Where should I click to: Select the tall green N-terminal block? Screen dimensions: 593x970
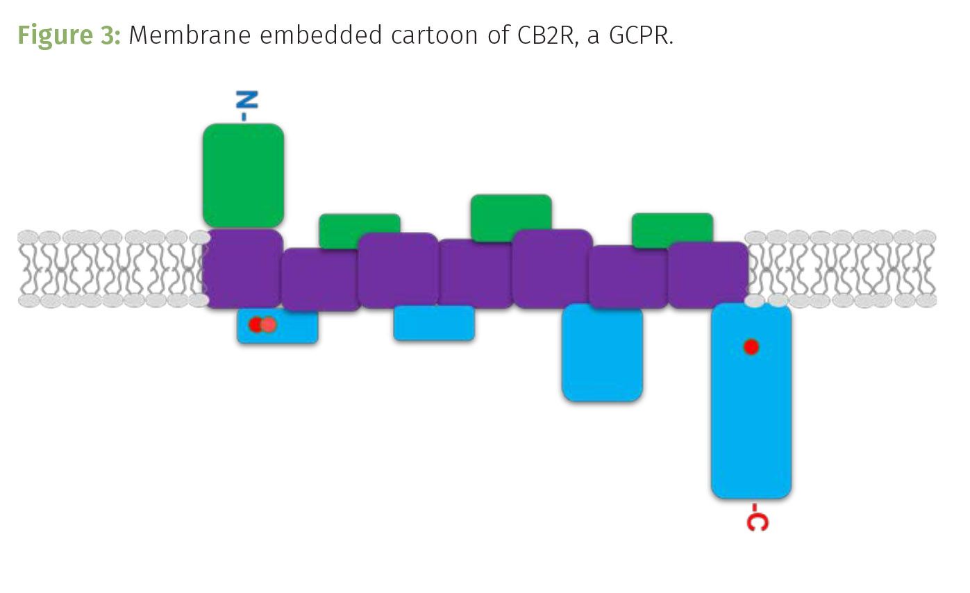tap(243, 175)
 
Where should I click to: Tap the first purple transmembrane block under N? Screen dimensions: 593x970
tap(242, 268)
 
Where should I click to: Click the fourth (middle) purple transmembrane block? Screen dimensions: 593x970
tap(476, 274)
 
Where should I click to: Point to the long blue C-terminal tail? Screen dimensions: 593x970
tap(751, 410)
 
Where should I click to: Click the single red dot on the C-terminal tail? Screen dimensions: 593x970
tap(751, 346)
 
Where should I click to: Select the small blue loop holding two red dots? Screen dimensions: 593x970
tap(292, 326)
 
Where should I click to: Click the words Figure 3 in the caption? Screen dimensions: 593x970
tap(69, 35)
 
